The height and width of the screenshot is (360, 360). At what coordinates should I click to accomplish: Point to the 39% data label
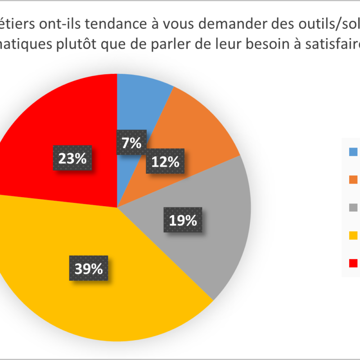[89, 269]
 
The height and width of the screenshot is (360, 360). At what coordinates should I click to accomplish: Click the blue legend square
[353, 152]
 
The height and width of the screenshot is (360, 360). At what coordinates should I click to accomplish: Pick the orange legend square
[353, 180]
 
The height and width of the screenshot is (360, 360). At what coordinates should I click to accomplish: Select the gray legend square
[353, 207]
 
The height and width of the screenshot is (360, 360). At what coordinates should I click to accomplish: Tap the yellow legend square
[353, 235]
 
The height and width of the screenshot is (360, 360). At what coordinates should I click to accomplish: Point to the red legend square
[353, 262]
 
